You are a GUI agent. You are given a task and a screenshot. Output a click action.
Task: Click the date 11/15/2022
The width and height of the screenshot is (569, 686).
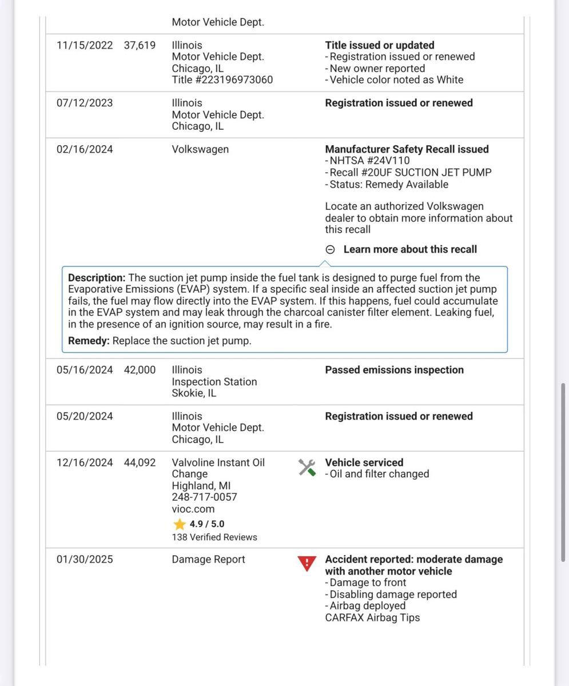pos(85,45)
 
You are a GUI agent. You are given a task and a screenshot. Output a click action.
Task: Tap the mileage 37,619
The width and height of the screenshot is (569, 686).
pos(140,45)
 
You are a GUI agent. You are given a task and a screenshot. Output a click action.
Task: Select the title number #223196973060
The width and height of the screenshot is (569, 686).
pos(222,80)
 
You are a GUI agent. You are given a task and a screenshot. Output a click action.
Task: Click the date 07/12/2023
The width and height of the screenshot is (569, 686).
pos(85,103)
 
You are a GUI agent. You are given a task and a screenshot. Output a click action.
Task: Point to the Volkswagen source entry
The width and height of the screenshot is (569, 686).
pos(200,149)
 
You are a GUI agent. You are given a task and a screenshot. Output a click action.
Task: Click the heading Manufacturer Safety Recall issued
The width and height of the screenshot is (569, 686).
pos(407,149)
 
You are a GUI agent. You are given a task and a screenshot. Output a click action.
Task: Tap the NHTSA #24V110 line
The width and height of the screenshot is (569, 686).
pos(369,161)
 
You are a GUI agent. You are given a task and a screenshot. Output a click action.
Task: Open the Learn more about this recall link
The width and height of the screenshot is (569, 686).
pos(410,249)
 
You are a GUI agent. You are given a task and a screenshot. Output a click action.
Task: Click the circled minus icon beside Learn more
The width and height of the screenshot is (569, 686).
pos(330,249)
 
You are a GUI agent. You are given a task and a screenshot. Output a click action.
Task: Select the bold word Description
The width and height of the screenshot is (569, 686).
pos(96,278)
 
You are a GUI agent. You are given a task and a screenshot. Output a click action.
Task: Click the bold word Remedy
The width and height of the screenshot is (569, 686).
pos(89,341)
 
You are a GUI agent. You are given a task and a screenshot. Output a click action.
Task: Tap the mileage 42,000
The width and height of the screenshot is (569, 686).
pos(140,370)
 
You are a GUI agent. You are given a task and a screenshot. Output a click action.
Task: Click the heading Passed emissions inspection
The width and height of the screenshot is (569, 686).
pos(394,370)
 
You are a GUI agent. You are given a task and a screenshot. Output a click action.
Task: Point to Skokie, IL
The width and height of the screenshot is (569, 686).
pos(194,393)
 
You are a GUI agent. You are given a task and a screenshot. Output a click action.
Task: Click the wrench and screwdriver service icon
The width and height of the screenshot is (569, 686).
pos(307,468)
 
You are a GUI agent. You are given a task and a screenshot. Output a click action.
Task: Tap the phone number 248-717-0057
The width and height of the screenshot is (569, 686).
pos(204,497)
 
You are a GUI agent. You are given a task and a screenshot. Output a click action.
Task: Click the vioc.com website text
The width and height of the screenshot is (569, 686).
pos(193,509)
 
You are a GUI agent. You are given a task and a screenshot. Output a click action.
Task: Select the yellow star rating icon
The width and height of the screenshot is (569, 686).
pos(180,524)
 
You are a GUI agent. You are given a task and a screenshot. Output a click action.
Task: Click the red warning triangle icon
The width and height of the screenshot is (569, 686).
pos(307,564)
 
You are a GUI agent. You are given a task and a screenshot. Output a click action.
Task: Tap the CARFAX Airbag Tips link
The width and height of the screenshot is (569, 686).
pos(372,617)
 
